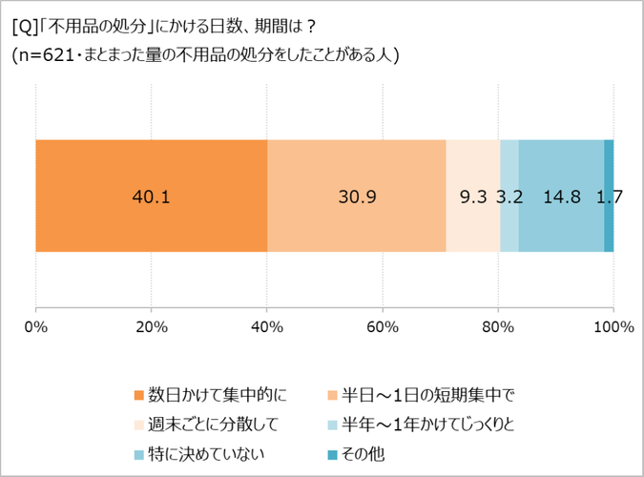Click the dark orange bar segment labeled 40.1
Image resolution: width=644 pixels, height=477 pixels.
(x=151, y=197)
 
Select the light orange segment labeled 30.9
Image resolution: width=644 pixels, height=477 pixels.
(x=357, y=197)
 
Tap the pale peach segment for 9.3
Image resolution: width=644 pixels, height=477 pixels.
(x=472, y=197)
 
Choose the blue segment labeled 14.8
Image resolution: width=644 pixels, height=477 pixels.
(x=561, y=197)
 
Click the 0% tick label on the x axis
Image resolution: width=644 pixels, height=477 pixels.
(x=35, y=327)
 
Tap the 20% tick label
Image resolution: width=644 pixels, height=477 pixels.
(x=151, y=327)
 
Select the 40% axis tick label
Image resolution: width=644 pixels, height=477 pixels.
(x=267, y=327)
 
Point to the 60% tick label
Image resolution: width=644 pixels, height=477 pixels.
(x=383, y=327)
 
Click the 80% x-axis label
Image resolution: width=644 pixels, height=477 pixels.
(x=498, y=327)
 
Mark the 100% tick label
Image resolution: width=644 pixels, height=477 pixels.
(x=613, y=327)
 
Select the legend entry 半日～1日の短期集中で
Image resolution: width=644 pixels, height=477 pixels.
(x=426, y=394)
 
